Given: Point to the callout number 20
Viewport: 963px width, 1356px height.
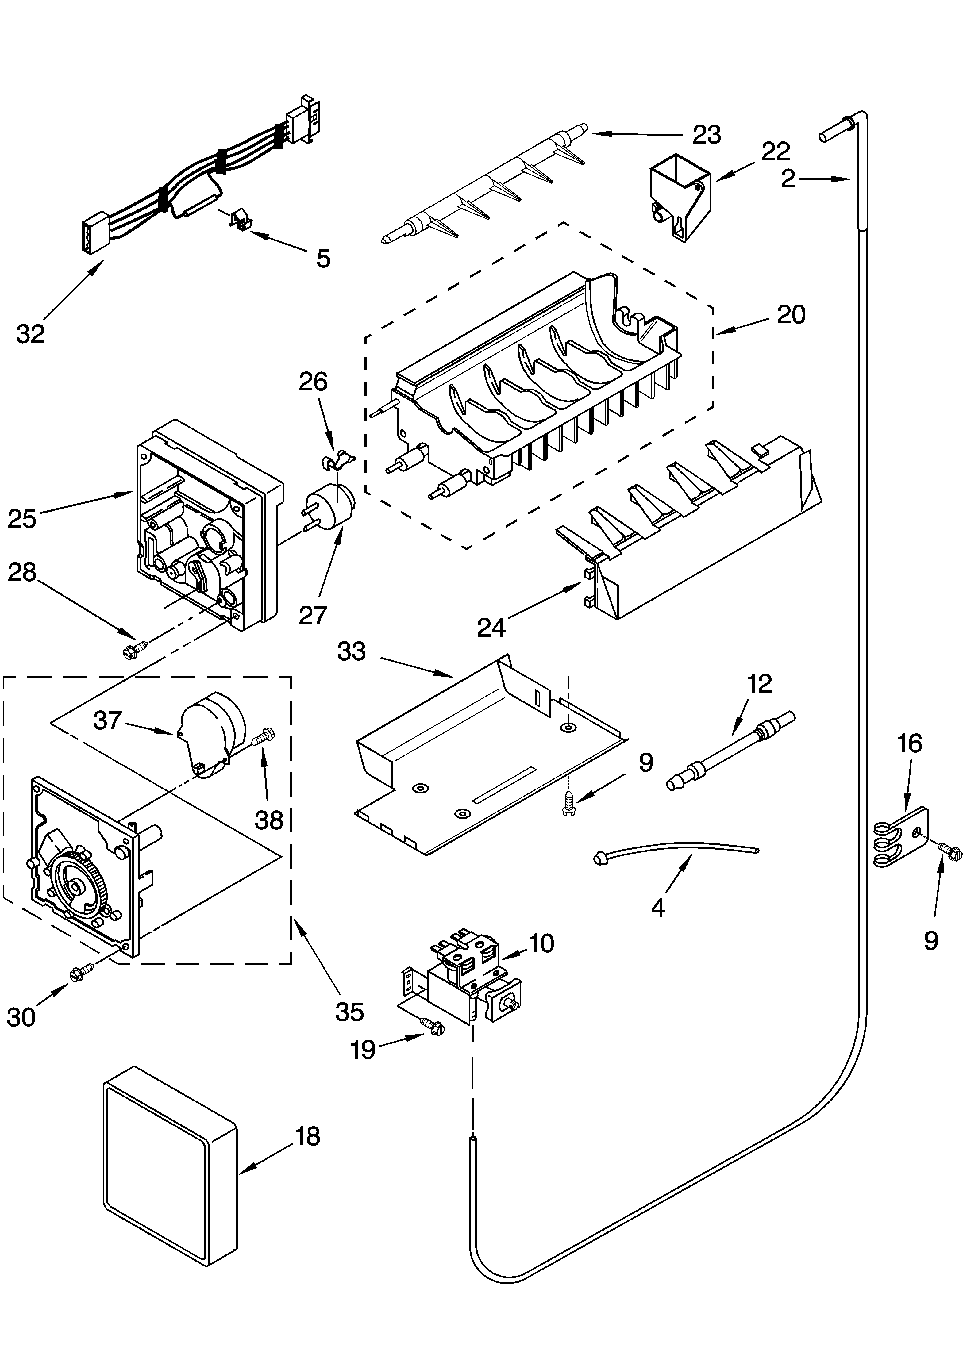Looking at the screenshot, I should pos(791,314).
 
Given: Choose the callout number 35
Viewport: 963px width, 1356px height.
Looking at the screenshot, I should pos(349,1012).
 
